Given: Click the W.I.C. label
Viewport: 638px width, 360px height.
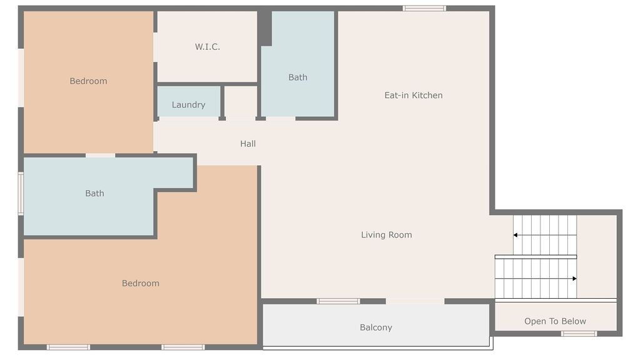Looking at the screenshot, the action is pos(208,47).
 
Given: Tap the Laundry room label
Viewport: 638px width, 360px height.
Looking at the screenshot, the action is pos(188,105).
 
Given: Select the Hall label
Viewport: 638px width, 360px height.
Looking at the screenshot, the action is pos(248,144).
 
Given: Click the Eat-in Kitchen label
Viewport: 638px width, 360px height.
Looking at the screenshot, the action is pos(413,95).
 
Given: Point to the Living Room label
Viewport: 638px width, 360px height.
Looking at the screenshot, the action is pos(387,235).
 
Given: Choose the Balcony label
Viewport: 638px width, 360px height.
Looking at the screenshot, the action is pos(376,327).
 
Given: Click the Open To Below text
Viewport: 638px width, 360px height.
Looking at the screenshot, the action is pos(555,321).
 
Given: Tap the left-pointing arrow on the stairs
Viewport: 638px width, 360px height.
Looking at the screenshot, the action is pos(545,235).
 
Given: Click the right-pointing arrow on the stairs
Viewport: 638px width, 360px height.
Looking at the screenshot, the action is pos(536,279).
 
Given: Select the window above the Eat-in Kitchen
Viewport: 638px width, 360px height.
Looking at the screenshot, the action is pos(424,8).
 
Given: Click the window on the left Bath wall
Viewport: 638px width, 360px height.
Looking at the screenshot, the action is pos(21,194).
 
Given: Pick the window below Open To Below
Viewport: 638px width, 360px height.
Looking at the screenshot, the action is pos(579,334).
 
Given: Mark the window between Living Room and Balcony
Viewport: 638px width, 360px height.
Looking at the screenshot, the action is pos(338,301).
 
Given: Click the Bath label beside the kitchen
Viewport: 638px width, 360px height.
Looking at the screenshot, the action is pos(298,77).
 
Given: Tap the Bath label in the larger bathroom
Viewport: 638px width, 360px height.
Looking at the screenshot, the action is pos(94,193).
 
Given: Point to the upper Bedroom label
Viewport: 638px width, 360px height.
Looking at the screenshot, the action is pos(88,81).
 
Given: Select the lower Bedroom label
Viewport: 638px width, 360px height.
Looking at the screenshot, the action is pos(140,283).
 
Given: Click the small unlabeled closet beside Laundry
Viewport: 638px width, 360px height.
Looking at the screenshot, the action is pos(240,101).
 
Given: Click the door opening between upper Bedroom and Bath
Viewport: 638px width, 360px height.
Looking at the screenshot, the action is pos(101,156).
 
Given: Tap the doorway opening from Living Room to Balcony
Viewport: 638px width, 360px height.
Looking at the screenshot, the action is pos(415,301).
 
